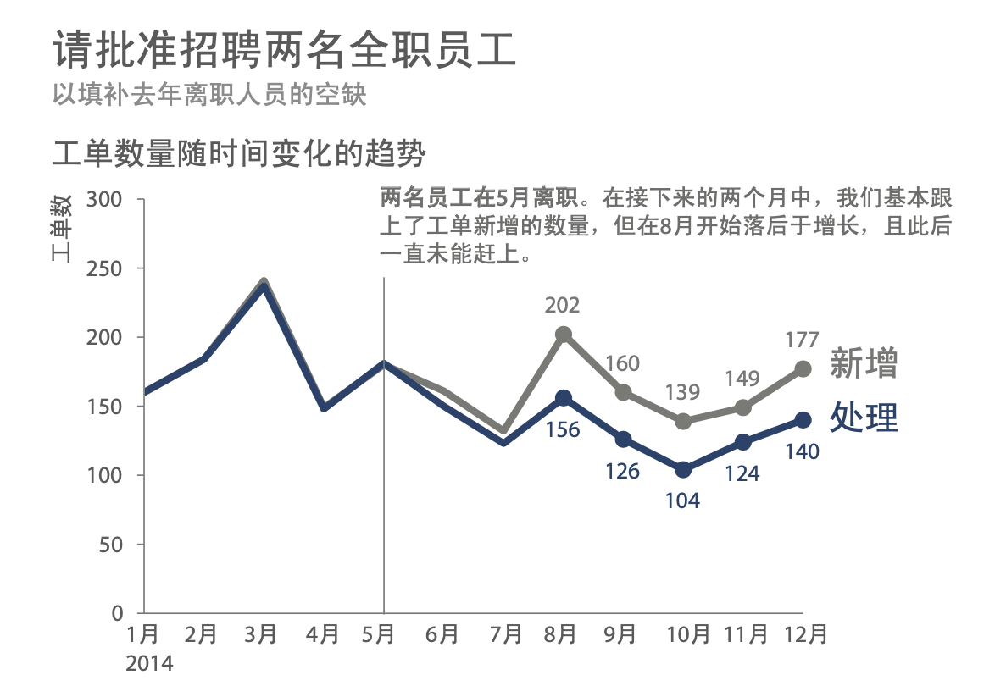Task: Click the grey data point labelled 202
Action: coord(564,335)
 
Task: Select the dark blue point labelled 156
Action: coord(564,398)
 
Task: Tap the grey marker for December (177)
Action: coord(803,368)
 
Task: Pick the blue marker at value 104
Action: coord(683,469)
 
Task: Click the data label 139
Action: coord(682,392)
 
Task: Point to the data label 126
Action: coord(622,471)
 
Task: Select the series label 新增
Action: coord(863,362)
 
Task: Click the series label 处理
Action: coord(863,417)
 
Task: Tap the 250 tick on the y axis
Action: coord(106,268)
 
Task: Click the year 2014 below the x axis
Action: coord(149,662)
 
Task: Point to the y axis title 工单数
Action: coord(62,227)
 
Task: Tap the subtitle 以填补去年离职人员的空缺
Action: coord(209,93)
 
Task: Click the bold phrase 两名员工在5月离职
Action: coord(480,199)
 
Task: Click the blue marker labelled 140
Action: coord(803,420)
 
